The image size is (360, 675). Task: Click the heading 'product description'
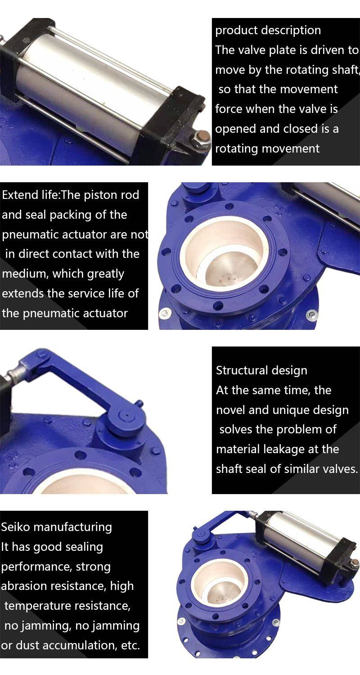pos(268,31)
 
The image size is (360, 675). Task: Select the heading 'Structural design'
pos(261,370)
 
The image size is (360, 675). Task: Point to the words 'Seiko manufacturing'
pos(56,527)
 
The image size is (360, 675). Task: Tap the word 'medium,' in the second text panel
pos(25,274)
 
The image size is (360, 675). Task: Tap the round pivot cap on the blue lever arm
pos(127,416)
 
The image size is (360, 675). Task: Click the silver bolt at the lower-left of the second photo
pos(164,313)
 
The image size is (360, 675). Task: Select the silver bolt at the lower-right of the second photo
pos(312,315)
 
